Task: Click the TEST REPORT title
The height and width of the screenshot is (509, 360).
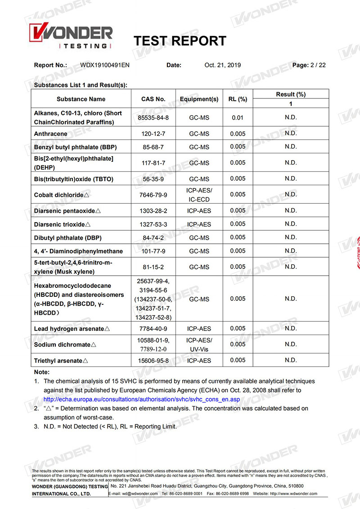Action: coord(180,41)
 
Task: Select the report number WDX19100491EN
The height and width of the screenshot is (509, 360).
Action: coord(105,65)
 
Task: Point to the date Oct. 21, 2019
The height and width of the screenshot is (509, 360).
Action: coord(222,65)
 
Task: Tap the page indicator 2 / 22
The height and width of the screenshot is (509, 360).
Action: coord(318,65)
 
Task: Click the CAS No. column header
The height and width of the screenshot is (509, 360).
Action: coord(153,99)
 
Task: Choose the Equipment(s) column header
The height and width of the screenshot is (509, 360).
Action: coord(199,99)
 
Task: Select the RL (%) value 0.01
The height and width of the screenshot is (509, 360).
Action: coord(238,118)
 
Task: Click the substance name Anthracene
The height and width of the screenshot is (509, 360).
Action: coord(51,134)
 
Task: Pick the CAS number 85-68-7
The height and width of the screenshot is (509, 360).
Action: coord(153,147)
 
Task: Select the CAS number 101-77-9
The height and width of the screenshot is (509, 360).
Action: coord(153,251)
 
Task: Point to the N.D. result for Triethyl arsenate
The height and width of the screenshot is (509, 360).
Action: coord(291,360)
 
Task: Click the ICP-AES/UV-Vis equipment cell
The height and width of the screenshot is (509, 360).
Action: coord(199,344)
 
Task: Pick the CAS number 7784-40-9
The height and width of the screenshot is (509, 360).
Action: coord(153,329)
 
